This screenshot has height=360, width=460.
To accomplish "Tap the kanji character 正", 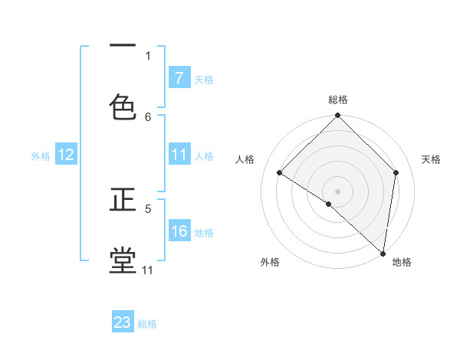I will click(x=123, y=201).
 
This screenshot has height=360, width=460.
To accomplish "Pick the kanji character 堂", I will click(x=123, y=260).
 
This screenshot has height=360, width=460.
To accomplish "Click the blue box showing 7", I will click(x=179, y=78).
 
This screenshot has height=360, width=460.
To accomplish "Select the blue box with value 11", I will click(x=179, y=155).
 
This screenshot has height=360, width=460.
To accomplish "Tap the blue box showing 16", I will click(x=179, y=231).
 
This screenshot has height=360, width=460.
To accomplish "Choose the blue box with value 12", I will click(x=66, y=155).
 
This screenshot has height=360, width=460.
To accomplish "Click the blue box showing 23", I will click(x=123, y=322).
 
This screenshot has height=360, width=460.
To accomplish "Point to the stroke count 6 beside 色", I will click(x=148, y=117).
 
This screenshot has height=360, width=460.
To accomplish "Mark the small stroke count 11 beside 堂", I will click(x=147, y=270).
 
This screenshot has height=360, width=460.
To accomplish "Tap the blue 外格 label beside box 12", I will click(x=41, y=155).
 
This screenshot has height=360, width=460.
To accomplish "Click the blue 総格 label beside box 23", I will click(x=147, y=324).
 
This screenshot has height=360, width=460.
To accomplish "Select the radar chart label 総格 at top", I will click(x=338, y=100).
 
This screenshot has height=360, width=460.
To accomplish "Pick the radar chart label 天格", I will click(x=431, y=159).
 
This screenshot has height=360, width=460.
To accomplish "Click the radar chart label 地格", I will click(x=402, y=262).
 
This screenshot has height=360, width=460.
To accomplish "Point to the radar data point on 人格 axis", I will click(x=280, y=172).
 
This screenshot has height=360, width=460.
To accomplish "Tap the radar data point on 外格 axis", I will click(x=329, y=204).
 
